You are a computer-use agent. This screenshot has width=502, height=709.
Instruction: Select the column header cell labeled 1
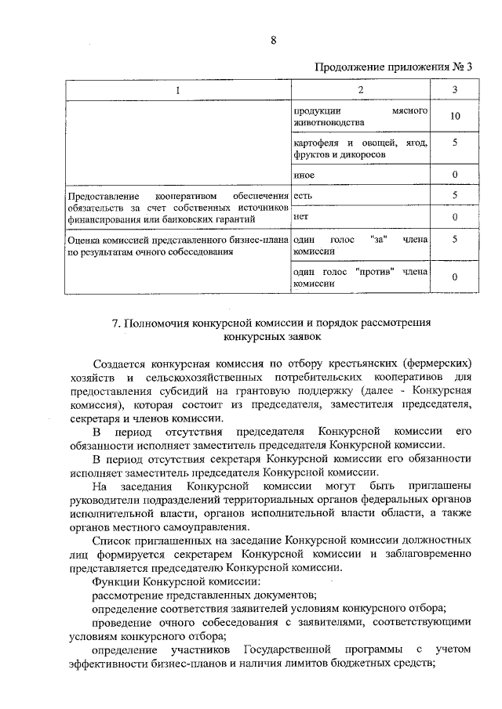tap(177, 90)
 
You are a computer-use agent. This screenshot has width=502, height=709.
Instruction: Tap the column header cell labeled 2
tap(360, 90)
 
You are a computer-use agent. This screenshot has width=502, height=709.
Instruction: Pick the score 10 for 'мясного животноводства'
tap(455, 117)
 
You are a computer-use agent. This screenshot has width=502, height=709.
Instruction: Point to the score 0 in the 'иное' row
tap(455, 174)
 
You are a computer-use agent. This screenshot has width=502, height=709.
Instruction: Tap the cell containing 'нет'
tap(301, 215)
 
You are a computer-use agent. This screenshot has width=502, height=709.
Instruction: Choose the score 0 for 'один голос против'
tap(455, 277)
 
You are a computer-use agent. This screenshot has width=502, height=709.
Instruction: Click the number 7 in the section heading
tap(115, 323)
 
